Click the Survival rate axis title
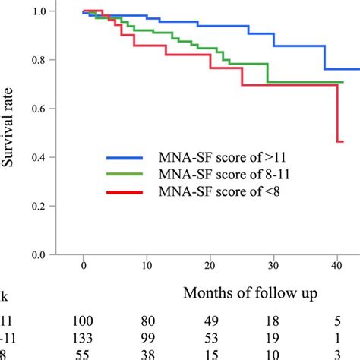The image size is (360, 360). pyautogui.click(x=16, y=133)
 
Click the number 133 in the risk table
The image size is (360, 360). pyautogui.click(x=89, y=337)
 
